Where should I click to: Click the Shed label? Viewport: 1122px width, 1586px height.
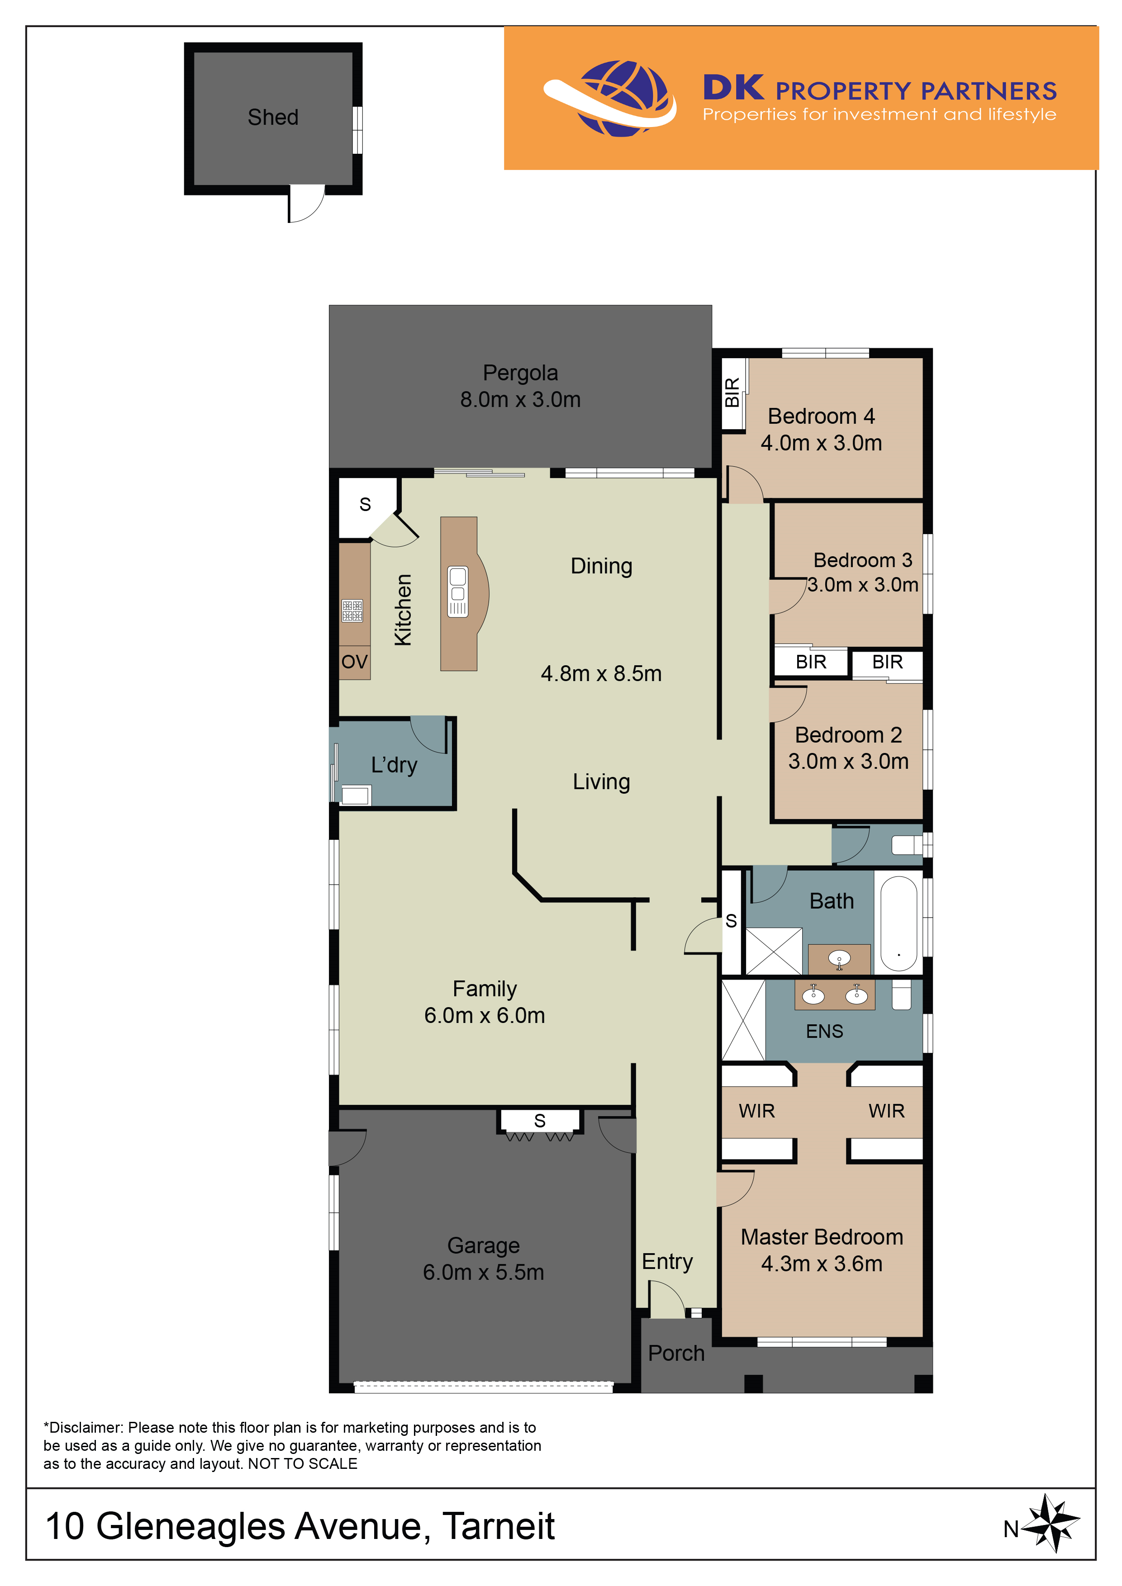tap(273, 118)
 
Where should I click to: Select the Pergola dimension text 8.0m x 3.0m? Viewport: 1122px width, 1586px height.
tap(520, 399)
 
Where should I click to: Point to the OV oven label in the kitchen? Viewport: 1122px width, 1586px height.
tap(354, 662)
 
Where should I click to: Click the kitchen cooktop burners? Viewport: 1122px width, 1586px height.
tap(352, 610)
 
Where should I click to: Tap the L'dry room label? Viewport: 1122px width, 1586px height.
tap(394, 765)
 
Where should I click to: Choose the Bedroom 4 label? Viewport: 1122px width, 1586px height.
tap(822, 416)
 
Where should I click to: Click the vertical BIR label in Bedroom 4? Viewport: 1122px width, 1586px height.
tap(732, 393)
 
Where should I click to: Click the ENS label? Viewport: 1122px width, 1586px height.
tap(824, 1031)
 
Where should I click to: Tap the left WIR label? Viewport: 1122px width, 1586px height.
tap(756, 1111)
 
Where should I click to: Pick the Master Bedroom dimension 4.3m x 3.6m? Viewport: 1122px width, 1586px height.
tap(822, 1264)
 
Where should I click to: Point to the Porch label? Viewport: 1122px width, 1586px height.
tap(676, 1353)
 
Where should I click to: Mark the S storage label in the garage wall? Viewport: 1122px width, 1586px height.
tap(540, 1121)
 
